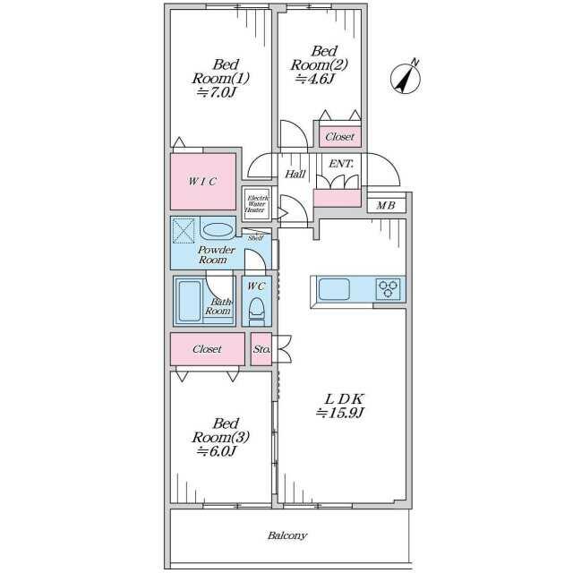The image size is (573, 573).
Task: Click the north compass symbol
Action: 406,78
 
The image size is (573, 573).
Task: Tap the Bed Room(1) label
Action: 221,72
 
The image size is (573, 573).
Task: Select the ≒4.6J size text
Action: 315,79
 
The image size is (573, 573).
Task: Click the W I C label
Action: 203,181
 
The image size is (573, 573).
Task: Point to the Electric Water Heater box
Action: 257,204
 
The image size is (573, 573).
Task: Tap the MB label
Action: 386,206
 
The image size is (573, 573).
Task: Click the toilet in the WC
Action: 257,312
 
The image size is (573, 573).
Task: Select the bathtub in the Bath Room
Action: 190,301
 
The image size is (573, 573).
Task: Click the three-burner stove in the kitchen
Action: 388,289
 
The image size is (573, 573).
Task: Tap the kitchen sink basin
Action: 334,289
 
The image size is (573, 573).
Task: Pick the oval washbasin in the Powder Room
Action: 218,230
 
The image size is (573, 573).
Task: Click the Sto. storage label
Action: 261,349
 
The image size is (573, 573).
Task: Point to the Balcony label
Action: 287,535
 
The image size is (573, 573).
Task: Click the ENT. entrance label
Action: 341,164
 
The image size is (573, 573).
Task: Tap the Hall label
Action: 295,174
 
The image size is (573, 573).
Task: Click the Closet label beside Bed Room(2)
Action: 340,137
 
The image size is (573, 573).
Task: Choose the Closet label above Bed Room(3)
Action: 207,349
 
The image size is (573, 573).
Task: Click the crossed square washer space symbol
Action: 184,231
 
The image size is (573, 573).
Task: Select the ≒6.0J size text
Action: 216,451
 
